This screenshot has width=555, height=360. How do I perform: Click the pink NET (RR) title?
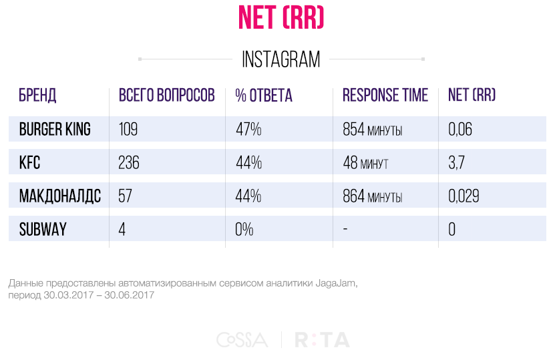point(281,17)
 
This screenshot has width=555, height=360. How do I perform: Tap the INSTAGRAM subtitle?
point(281,59)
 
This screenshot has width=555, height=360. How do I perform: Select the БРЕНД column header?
point(37,96)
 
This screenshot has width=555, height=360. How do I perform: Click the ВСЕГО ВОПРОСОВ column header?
point(167,96)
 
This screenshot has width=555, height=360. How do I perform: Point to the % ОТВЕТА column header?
point(264,96)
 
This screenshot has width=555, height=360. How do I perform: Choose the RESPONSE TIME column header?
point(385,96)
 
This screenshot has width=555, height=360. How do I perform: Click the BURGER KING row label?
point(55,129)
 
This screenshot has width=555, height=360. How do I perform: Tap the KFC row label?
point(30,162)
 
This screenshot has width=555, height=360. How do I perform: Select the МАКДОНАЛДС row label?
point(60,196)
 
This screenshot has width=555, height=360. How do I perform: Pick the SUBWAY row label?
point(43,229)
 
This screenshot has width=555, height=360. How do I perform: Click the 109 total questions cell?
point(128,129)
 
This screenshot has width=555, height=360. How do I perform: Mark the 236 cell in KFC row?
point(129,162)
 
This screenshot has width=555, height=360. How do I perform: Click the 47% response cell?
point(248,129)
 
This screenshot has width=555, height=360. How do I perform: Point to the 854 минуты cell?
point(373,129)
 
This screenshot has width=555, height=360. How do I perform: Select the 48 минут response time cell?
point(365,162)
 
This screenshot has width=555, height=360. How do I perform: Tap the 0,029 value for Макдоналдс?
point(464,196)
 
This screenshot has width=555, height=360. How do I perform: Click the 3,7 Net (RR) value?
point(457,162)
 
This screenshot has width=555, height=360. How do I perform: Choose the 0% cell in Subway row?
point(244,229)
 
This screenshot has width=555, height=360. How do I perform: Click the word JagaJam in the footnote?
point(336,283)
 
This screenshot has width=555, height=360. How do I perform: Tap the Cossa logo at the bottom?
point(242,340)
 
